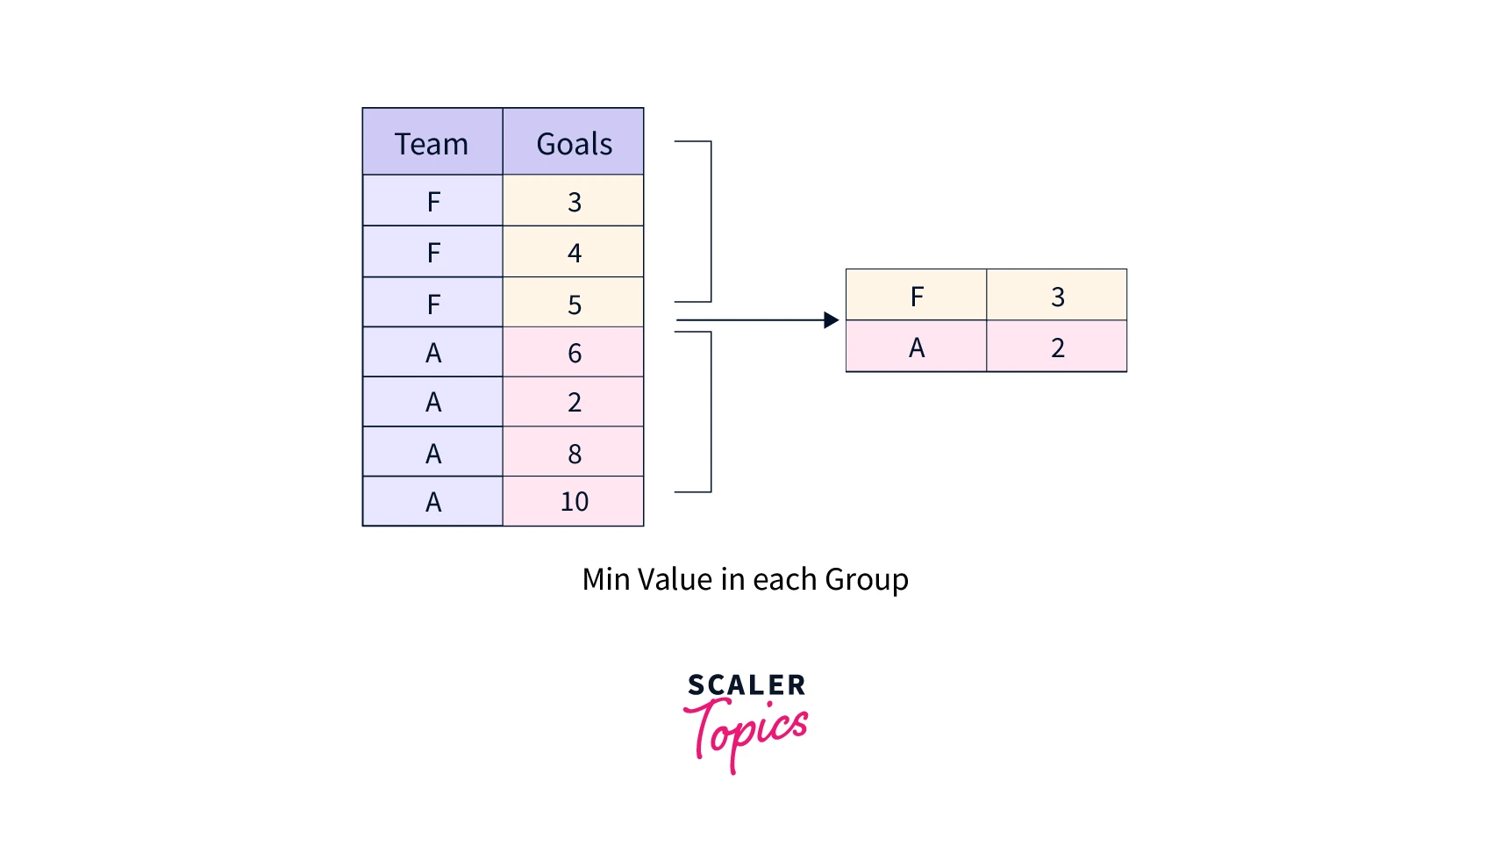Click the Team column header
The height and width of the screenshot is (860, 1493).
click(432, 142)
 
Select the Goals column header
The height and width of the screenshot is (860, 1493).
click(574, 142)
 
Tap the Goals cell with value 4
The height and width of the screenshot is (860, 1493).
click(574, 253)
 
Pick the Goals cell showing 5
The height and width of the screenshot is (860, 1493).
click(574, 304)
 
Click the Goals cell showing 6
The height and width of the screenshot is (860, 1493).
click(574, 353)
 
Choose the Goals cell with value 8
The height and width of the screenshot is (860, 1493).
click(574, 453)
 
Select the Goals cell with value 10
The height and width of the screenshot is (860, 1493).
click(574, 501)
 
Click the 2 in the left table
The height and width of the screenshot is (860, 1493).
click(574, 402)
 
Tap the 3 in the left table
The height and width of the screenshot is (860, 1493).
click(574, 202)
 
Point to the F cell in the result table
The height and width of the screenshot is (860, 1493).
click(917, 296)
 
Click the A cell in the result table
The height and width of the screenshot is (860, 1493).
click(917, 348)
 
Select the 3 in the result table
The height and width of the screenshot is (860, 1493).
click(1057, 296)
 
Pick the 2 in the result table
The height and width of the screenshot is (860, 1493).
click(1057, 348)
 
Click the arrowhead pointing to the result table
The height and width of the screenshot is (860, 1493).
click(832, 320)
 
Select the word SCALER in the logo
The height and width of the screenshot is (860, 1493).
click(746, 684)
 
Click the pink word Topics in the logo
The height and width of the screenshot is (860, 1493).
click(746, 730)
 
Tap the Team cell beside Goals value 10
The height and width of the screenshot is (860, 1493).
click(432, 501)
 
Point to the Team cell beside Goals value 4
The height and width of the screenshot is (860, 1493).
click(432, 253)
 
